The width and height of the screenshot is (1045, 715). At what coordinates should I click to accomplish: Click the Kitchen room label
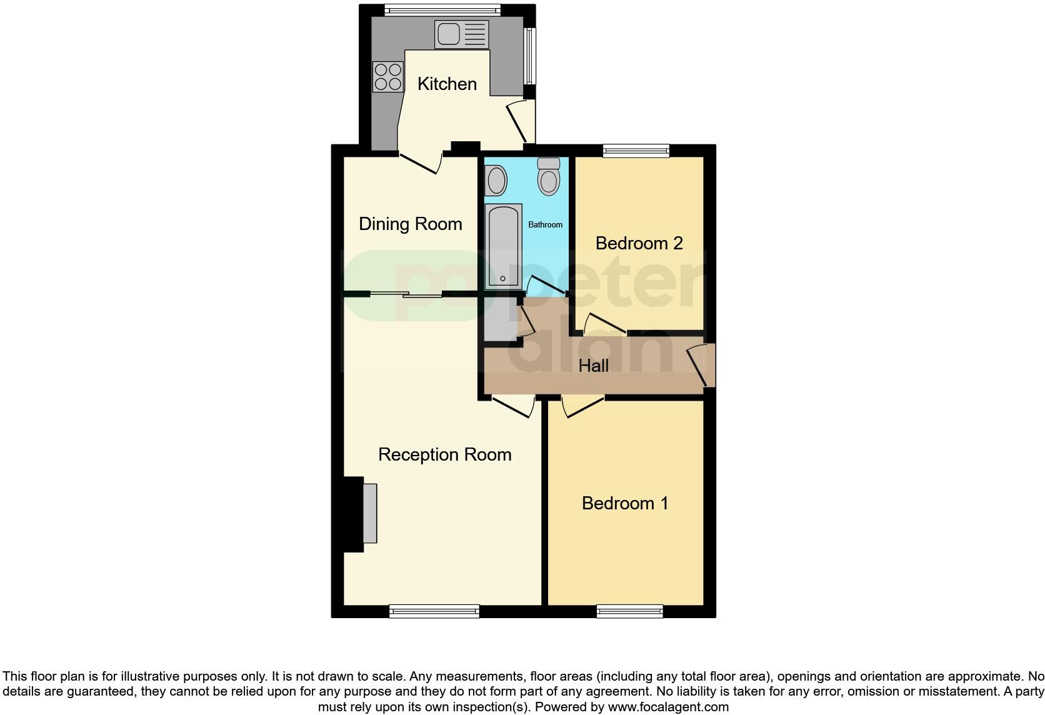point(447,84)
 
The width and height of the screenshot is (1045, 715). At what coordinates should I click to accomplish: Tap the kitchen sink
point(461,34)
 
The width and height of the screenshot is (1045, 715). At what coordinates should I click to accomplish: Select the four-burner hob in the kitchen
point(387,77)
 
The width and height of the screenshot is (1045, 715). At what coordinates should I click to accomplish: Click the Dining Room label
point(410,224)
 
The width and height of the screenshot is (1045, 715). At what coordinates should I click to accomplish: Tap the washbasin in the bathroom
point(496,180)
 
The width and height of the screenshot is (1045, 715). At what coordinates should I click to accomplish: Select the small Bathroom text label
point(545,224)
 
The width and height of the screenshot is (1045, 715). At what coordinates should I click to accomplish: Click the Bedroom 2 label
point(639,243)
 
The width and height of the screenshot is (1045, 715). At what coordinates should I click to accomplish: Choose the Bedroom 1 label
point(625,503)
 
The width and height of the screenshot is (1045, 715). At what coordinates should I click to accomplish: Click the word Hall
point(593,366)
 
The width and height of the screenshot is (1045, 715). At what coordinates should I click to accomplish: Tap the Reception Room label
point(444,454)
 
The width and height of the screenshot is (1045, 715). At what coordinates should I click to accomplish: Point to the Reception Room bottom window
point(434,611)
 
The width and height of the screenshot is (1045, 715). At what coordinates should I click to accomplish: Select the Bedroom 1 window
point(629,611)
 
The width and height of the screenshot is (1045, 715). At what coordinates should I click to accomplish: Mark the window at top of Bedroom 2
point(636,150)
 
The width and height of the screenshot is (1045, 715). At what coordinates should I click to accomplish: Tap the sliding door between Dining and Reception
point(406,294)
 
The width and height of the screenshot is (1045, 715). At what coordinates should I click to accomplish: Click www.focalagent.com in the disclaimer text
point(667,707)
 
